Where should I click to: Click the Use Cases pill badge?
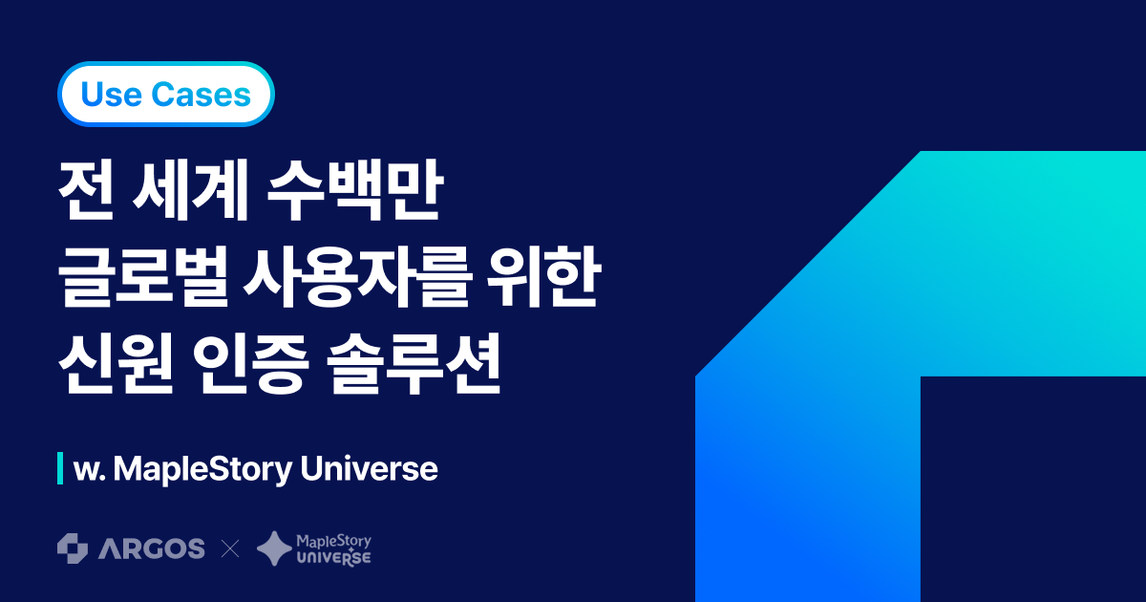[x=166, y=95]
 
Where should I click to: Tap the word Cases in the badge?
[x=202, y=95]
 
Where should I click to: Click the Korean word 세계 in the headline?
[x=190, y=189]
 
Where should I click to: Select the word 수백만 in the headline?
[x=354, y=189]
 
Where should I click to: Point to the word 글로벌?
[x=144, y=277]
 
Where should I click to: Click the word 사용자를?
[x=356, y=277]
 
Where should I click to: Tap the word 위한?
[x=542, y=277]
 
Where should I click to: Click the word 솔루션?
[x=414, y=364]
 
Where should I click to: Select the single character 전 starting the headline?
[x=85, y=189]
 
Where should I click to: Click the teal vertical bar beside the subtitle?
[x=60, y=468]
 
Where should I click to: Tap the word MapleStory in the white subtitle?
[x=202, y=469]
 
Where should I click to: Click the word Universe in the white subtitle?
[x=369, y=469]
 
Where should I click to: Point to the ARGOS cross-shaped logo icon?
[x=73, y=548]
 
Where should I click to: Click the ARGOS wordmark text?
[x=152, y=548]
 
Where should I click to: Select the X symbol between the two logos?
[x=230, y=549]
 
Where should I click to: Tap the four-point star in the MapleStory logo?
[x=274, y=548]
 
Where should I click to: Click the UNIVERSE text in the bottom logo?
[x=334, y=557]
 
